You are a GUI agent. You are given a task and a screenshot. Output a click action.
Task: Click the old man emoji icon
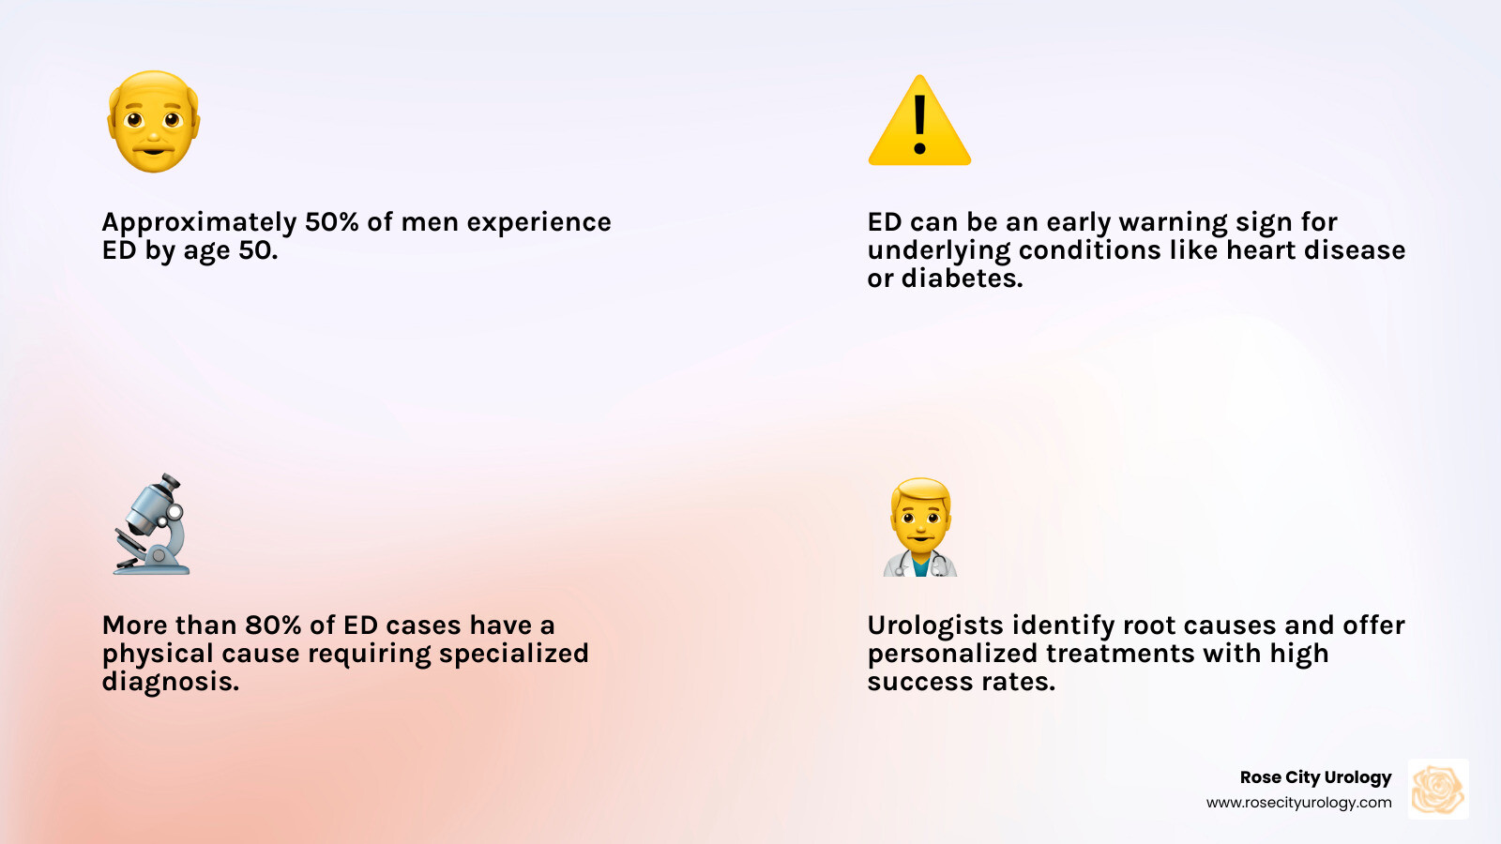click(154, 122)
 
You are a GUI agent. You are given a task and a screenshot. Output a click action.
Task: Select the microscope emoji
click(152, 525)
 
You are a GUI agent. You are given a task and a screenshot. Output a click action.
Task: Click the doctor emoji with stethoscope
click(920, 527)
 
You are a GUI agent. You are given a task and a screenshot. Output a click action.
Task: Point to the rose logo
click(1438, 790)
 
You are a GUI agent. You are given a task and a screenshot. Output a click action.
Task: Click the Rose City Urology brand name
click(1315, 777)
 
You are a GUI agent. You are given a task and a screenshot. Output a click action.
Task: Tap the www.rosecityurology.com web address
click(1298, 803)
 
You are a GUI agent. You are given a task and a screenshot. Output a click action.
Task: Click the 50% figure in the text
click(332, 222)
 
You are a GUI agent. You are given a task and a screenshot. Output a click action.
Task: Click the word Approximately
click(199, 223)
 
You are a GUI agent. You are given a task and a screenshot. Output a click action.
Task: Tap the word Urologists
click(934, 626)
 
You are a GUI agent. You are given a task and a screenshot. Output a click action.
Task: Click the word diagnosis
click(170, 683)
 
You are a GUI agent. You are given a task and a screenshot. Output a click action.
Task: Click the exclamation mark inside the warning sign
click(919, 124)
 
